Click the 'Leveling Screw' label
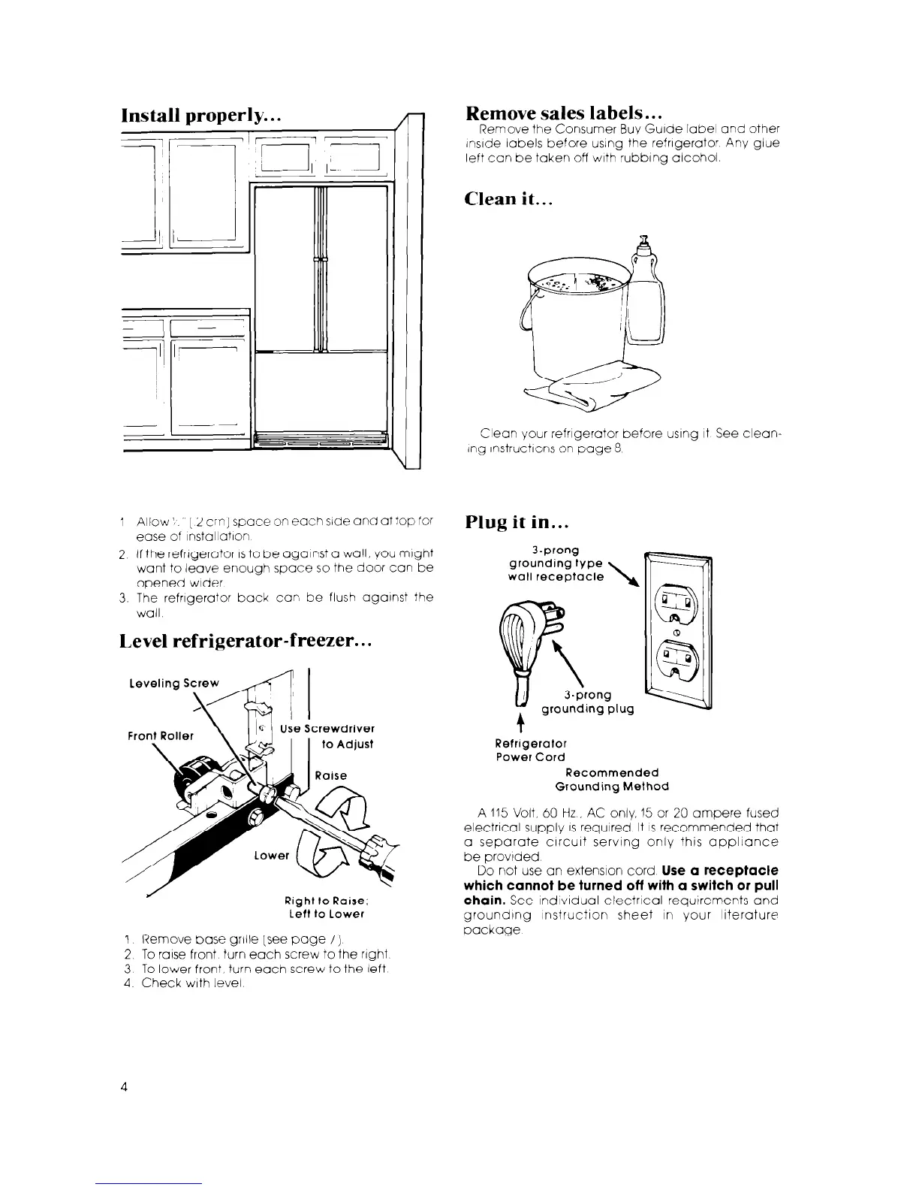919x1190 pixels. pyautogui.click(x=174, y=683)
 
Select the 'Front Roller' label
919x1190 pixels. pyautogui.click(x=161, y=735)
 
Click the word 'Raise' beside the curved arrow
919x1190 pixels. pyautogui.click(x=331, y=775)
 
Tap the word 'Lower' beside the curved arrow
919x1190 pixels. pyautogui.click(x=272, y=856)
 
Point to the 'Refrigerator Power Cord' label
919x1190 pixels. pyautogui.click(x=530, y=751)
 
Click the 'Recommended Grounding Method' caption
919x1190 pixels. pyautogui.click(x=611, y=779)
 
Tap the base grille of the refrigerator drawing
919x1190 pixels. pyautogui.click(x=321, y=440)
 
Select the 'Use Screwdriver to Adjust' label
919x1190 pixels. pyautogui.click(x=327, y=736)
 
